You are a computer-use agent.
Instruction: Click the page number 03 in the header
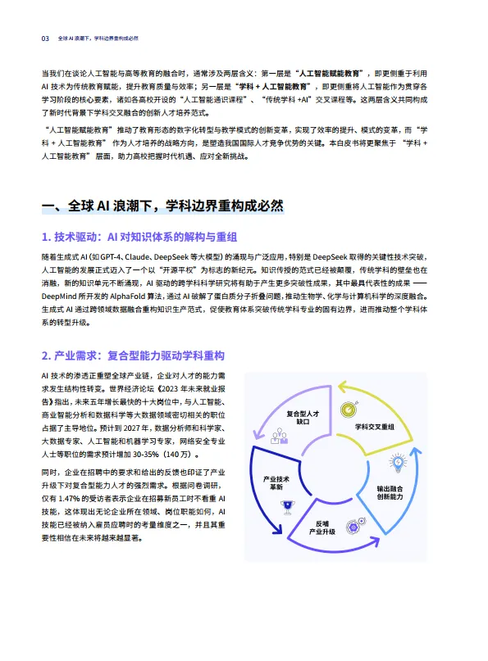coord(46,38)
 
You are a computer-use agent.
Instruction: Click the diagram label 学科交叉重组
coord(374,427)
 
